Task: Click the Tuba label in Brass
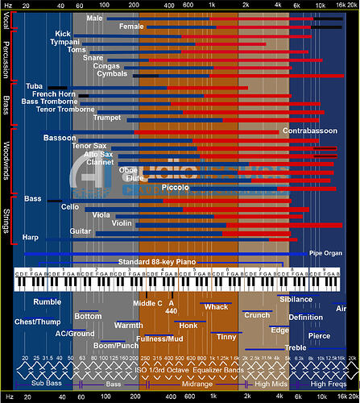point(35,85)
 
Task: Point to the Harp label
point(31,238)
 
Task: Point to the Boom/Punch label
point(116,346)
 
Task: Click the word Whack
point(216,306)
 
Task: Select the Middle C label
point(147,303)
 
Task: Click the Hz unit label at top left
point(6,5)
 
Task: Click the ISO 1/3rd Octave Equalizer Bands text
point(188,370)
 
